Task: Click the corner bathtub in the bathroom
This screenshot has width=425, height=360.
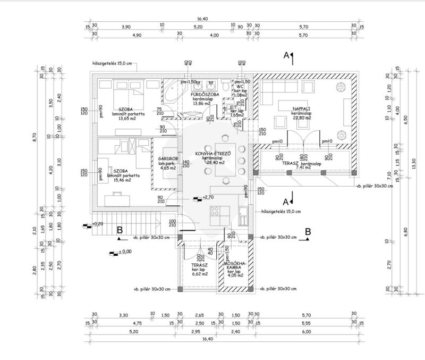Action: [172, 93]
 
